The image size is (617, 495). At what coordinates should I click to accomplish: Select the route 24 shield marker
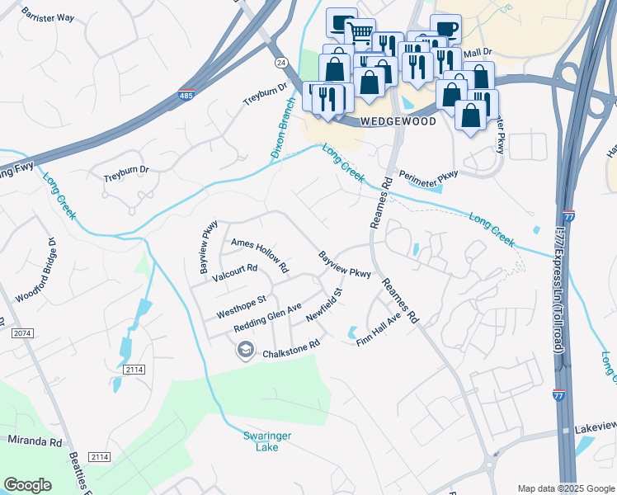[280, 63]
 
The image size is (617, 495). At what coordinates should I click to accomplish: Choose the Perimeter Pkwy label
[428, 177]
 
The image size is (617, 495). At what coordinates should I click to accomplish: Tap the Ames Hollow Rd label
[260, 255]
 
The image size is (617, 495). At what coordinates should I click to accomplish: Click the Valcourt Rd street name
[235, 274]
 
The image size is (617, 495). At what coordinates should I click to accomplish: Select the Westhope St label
[241, 308]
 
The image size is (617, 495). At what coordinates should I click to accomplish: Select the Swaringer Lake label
[268, 441]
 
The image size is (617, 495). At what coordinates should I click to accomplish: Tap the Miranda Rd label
[35, 441]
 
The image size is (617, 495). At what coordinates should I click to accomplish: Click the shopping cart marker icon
[360, 33]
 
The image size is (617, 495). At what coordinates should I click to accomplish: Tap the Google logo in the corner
[28, 484]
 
